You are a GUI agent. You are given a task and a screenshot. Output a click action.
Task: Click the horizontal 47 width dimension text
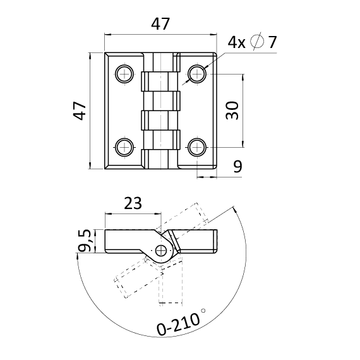[x=160, y=23]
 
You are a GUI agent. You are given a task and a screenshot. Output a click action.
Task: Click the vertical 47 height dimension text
[x=80, y=111]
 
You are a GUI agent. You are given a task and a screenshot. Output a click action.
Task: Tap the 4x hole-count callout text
[x=236, y=42]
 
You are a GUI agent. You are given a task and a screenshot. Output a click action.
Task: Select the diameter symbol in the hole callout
[x=257, y=42]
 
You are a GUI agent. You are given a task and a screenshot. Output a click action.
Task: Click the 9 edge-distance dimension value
[x=237, y=167]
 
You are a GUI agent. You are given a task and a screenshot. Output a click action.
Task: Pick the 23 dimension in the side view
[x=133, y=203]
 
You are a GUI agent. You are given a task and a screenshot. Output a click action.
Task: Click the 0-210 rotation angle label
[x=178, y=325]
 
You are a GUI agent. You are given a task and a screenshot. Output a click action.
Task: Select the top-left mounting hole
[x=124, y=74]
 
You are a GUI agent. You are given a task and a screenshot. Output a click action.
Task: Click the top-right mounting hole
[x=197, y=74]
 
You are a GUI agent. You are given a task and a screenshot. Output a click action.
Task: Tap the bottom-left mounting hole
[x=124, y=147]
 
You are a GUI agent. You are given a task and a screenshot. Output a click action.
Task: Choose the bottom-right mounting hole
[x=197, y=147]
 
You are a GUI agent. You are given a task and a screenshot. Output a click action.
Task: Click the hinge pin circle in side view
[x=161, y=251]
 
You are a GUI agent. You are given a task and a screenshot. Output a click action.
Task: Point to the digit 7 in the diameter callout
[x=272, y=42]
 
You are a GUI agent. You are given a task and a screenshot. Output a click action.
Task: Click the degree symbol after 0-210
[x=203, y=311]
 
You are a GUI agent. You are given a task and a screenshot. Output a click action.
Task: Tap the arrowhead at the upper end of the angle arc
[x=235, y=210]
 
